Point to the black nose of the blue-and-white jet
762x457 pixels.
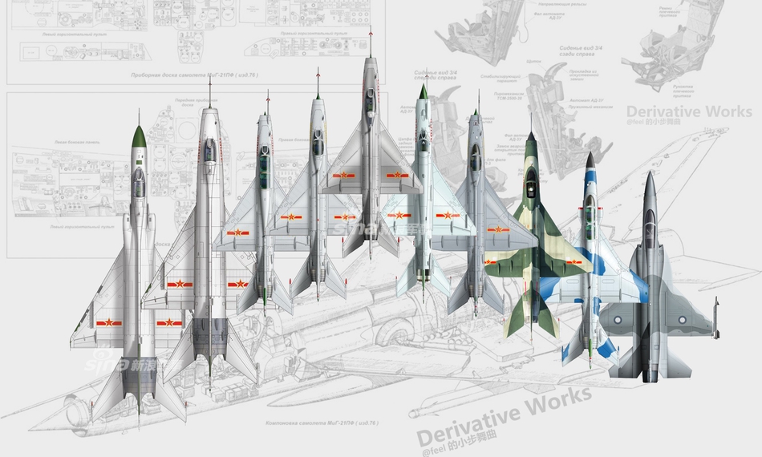[x=589, y=158]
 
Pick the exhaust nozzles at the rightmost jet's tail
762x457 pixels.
[x=651, y=369]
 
